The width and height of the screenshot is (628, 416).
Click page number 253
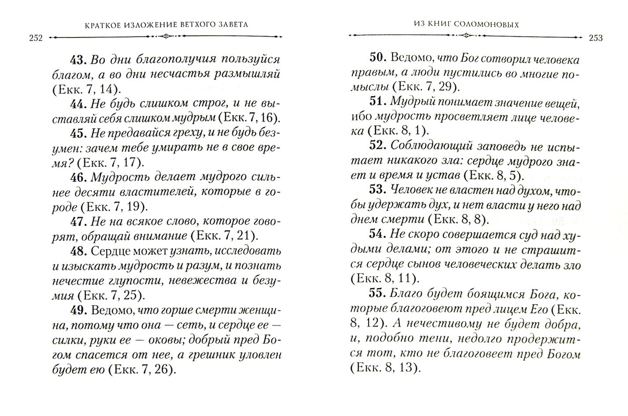pyautogui.click(x=595, y=38)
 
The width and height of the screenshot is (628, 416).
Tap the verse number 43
pyautogui.click(x=78, y=60)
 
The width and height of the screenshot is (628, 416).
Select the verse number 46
pyautogui.click(x=78, y=177)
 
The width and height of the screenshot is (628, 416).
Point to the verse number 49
pyautogui.click(x=78, y=310)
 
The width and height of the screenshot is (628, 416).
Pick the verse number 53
pyautogui.click(x=378, y=190)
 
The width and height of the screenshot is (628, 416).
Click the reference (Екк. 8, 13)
pyautogui.click(x=385, y=368)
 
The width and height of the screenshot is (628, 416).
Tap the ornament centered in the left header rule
pyautogui.click(x=166, y=37)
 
